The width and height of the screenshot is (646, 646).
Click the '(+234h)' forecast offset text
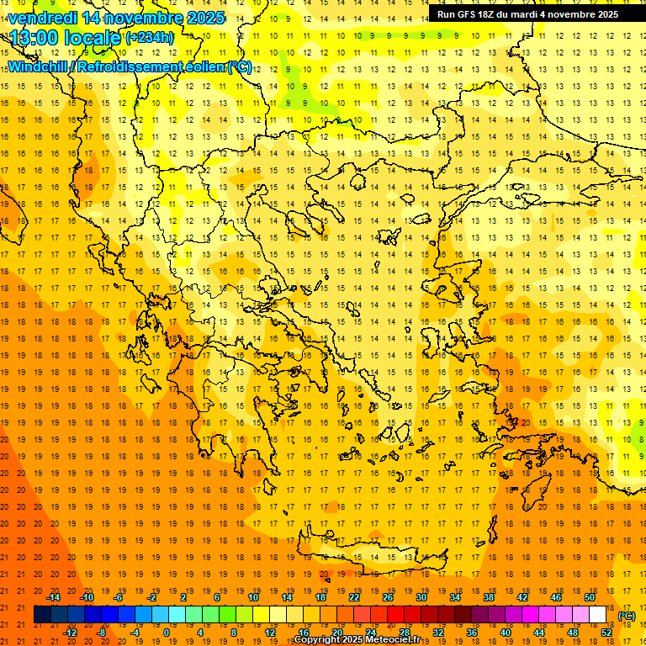click(x=150, y=38)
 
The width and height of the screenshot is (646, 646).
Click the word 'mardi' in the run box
click(x=536, y=14)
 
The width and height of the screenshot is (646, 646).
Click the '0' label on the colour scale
click(x=166, y=633)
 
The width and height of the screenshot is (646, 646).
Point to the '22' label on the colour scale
click(x=354, y=597)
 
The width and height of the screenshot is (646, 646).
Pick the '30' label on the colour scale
click(x=421, y=597)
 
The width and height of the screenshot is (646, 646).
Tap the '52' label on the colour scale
click(x=606, y=633)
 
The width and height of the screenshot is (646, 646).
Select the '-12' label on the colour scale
click(x=70, y=633)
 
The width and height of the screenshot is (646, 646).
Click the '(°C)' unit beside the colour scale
click(x=627, y=616)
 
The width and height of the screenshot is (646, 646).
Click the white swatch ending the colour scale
click(x=597, y=615)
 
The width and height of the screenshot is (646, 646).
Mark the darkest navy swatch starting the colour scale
click(x=42, y=615)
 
